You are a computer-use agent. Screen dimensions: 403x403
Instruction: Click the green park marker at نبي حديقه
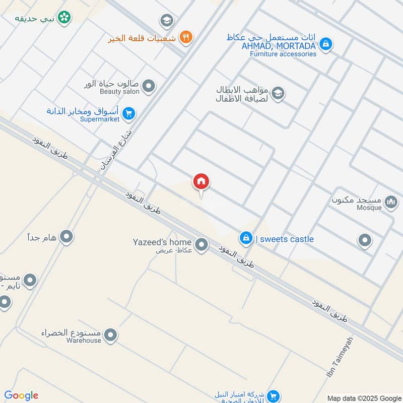pyautogui.click(x=64, y=18)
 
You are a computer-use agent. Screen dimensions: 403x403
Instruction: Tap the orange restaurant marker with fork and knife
pyautogui.click(x=186, y=36)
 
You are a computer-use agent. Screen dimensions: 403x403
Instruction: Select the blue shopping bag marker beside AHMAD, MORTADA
pyautogui.click(x=326, y=44)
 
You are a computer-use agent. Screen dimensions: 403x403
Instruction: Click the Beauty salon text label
pyautogui.click(x=118, y=91)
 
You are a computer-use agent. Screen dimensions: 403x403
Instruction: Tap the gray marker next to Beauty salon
pyautogui.click(x=148, y=87)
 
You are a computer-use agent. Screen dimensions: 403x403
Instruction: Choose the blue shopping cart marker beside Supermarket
pyautogui.click(x=129, y=114)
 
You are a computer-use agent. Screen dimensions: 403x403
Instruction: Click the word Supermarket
pyautogui.click(x=102, y=119)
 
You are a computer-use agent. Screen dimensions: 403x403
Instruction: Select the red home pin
pyautogui.click(x=201, y=182)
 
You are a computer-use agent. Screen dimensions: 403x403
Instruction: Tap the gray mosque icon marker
pyautogui.click(x=390, y=203)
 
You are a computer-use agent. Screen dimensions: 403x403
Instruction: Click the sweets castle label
pyautogui.click(x=285, y=239)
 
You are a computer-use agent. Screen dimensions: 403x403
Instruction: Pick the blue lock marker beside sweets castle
pyautogui.click(x=246, y=238)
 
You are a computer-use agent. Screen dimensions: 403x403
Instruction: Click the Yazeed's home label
pyautogui.click(x=162, y=242)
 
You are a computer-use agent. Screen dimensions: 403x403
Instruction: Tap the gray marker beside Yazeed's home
pyautogui.click(x=201, y=245)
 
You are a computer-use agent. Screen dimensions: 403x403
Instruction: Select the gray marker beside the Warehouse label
pyautogui.click(x=110, y=334)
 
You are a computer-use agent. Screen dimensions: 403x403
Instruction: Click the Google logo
pyautogui.click(x=21, y=395)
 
